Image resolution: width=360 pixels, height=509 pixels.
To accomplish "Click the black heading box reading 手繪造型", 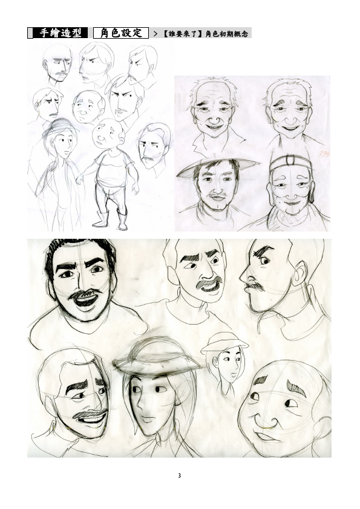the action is point(61,33).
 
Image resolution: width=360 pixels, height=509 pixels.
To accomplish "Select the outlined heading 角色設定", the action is point(121,33).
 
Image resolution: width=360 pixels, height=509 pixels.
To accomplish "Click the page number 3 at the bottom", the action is point(179,476).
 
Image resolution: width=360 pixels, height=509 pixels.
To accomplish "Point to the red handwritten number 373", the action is point(323,154).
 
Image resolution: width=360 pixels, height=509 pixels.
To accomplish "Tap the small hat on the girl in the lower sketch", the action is point(224,343).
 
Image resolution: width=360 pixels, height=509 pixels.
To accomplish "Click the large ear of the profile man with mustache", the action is point(299,274).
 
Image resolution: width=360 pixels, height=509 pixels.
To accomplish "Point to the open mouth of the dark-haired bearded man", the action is point(86,300).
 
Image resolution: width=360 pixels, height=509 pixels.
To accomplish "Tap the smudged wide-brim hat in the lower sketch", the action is point(157,358).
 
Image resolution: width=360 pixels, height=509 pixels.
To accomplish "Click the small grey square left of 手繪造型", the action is point(30,33).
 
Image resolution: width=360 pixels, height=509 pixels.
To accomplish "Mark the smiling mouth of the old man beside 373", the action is point(290,128).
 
